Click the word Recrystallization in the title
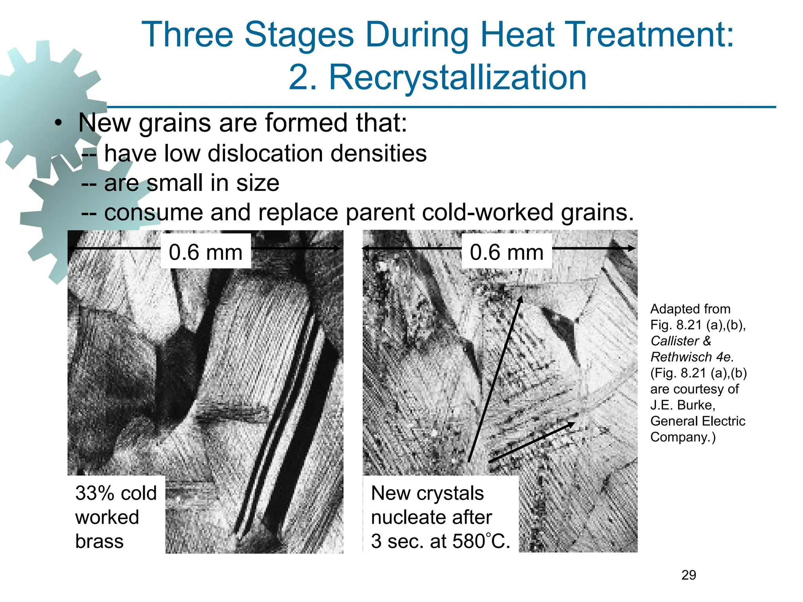457,78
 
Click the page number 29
689,575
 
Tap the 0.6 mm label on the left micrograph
205,252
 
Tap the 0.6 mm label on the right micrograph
507,252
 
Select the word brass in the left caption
99,541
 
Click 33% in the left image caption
94,493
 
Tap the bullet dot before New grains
58,123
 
